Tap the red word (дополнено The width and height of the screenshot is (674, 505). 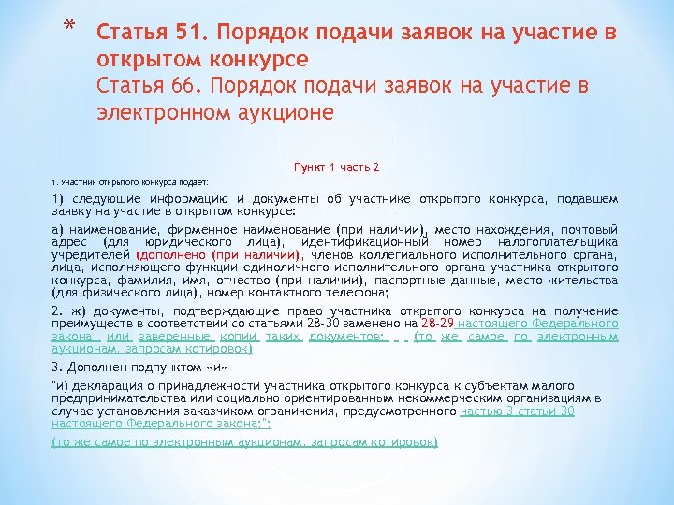[171, 253]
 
